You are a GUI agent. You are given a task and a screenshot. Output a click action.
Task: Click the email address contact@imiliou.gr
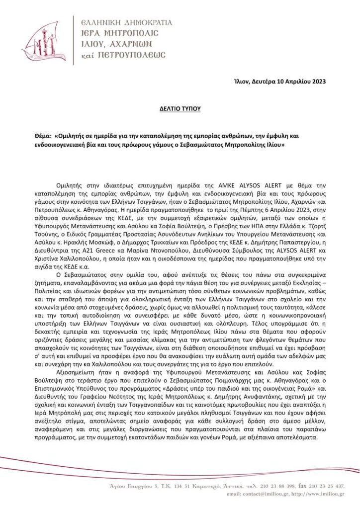coord(263,494)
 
